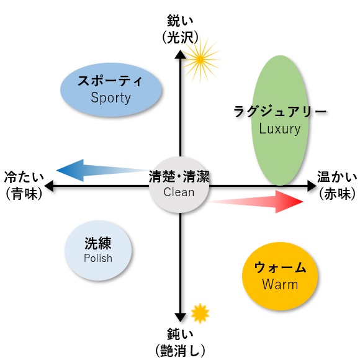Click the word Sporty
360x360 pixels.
click(x=110, y=98)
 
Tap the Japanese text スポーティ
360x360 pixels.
click(x=110, y=81)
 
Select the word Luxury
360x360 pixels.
click(x=280, y=129)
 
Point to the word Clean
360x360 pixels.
click(x=179, y=192)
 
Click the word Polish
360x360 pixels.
click(x=98, y=258)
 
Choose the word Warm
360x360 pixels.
click(x=280, y=284)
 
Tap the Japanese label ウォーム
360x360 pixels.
click(x=280, y=268)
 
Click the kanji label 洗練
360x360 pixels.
click(x=98, y=243)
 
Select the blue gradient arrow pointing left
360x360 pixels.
click(x=102, y=170)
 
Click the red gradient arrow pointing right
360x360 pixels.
click(x=256, y=202)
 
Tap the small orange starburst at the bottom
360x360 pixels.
click(x=200, y=313)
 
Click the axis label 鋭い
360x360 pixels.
click(x=180, y=20)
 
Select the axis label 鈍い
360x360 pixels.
click(x=180, y=334)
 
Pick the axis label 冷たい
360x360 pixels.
click(x=24, y=177)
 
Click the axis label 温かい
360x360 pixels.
click(x=337, y=177)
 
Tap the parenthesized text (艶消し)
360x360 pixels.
click(x=180, y=351)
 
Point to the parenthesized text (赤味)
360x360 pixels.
click(x=337, y=194)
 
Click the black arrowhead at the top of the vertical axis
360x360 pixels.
click(x=181, y=55)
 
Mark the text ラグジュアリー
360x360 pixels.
click(x=280, y=112)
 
